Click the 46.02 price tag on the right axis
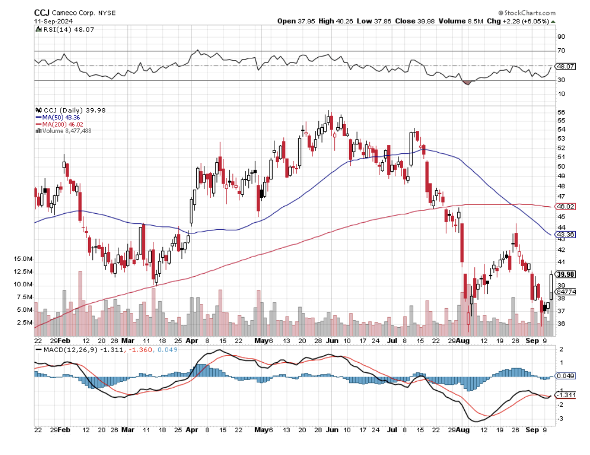[565, 206]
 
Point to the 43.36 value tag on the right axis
[565, 234]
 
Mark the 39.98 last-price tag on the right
[566, 274]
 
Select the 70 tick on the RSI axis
[561, 51]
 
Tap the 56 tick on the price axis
[561, 112]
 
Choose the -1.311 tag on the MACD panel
[565, 395]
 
